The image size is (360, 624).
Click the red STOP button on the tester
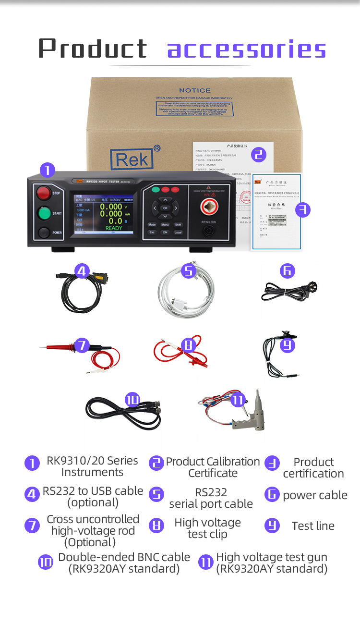[x=44, y=193]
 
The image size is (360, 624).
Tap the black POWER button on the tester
[x=44, y=232]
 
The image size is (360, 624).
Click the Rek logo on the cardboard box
[x=132, y=159]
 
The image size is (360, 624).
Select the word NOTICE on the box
[x=194, y=90]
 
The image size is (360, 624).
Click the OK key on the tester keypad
[x=165, y=208]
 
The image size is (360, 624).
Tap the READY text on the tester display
[x=114, y=228]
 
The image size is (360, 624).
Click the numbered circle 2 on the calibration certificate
[x=258, y=154]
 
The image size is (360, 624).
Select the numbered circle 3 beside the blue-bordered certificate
[x=302, y=209]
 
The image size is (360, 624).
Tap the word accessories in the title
[x=246, y=49]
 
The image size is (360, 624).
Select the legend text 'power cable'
[x=315, y=495]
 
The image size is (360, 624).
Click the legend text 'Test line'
[x=313, y=526]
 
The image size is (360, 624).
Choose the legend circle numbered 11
[x=205, y=563]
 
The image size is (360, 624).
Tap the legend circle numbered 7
[x=32, y=526]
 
